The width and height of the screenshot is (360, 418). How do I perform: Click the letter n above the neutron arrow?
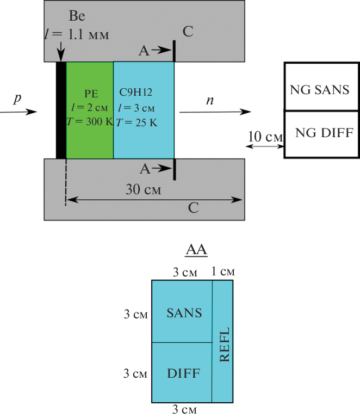210,100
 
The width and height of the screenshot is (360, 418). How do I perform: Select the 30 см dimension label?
144,190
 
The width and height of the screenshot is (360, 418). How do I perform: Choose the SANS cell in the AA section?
184,313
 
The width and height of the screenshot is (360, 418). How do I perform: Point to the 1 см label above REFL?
224,272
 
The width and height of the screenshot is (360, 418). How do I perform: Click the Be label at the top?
77,16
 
